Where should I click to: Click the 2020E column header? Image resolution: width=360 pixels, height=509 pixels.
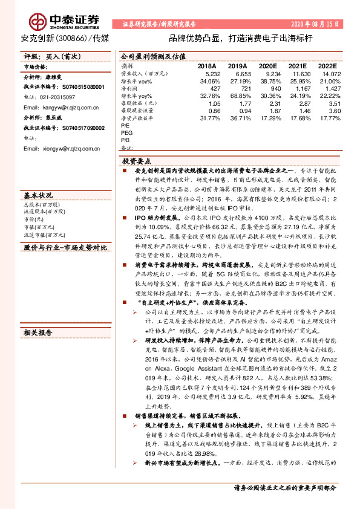(267, 66)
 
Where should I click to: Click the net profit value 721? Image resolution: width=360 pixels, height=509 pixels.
(241, 88)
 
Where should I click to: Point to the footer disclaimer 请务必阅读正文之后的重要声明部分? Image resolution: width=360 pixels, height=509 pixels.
(284, 487)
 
